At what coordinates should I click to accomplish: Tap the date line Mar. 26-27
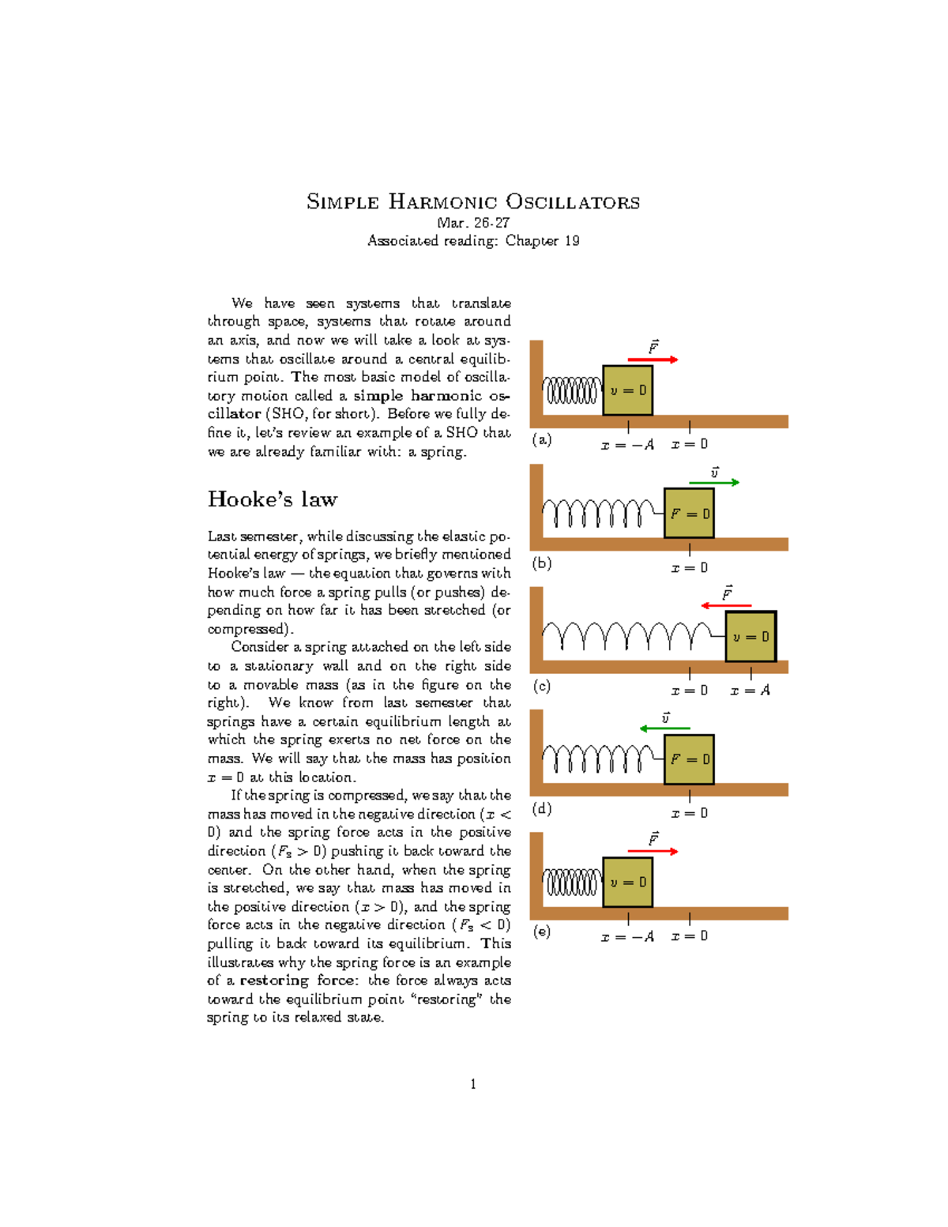(x=473, y=223)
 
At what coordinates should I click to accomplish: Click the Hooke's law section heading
(x=273, y=499)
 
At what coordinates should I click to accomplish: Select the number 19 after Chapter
(x=571, y=241)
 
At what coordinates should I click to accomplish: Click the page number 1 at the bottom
(x=473, y=1084)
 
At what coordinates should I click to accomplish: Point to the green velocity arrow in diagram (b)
(x=713, y=482)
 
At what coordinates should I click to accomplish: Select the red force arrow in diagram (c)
(x=726, y=606)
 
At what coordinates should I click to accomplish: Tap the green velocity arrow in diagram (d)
(x=664, y=728)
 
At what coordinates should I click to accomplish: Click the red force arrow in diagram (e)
(x=653, y=852)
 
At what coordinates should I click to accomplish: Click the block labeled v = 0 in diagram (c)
(x=750, y=636)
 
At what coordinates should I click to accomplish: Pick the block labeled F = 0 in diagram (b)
(x=689, y=514)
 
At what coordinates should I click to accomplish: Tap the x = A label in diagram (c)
(x=750, y=691)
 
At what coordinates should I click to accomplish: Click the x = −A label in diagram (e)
(x=627, y=936)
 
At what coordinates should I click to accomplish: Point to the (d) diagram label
(x=542, y=809)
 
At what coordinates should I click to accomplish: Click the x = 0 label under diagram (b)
(x=690, y=568)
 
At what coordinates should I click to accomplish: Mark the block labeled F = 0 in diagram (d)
(x=689, y=759)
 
